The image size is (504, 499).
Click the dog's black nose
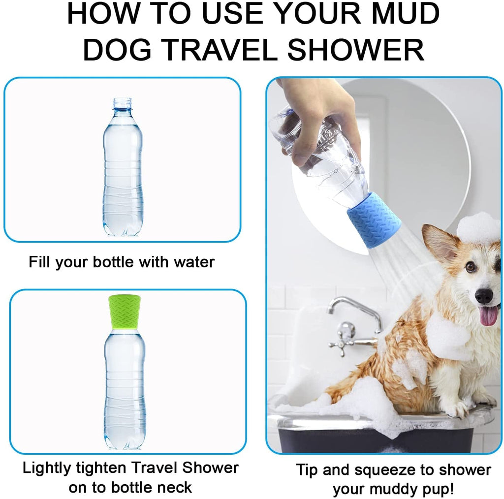coord(483,295)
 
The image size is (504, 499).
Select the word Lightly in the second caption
coord(51,468)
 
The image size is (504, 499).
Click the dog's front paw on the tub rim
coord(460,408)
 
